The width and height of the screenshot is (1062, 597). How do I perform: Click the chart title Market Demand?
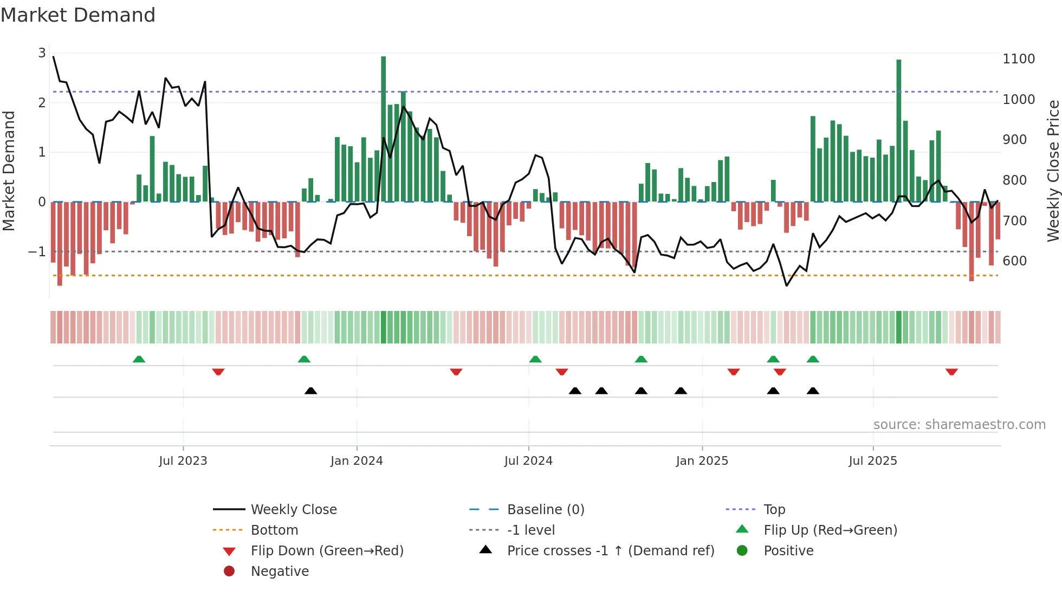click(78, 15)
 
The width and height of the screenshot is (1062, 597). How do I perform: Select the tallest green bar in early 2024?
click(384, 130)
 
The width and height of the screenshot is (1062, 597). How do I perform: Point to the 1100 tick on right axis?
click(1019, 59)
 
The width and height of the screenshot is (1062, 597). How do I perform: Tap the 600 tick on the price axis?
click(1014, 261)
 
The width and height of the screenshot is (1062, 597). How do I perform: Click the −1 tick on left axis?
click(37, 252)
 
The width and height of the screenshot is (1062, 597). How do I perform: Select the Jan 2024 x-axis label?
click(357, 461)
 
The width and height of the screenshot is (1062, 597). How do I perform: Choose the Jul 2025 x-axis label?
click(873, 461)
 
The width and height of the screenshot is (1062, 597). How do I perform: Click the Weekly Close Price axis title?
click(1053, 171)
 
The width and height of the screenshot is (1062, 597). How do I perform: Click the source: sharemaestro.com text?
click(959, 425)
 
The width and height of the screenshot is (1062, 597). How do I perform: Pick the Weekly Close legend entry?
click(293, 510)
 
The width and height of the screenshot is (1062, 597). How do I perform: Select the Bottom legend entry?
click(274, 530)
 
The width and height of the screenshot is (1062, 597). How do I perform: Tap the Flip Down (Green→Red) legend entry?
click(327, 551)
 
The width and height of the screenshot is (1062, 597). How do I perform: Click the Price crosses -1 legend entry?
click(610, 551)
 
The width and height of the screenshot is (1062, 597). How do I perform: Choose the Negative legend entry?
click(280, 572)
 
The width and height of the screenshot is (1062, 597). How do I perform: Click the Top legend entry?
click(774, 510)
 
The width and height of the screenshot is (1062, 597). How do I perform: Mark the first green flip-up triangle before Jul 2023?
click(139, 359)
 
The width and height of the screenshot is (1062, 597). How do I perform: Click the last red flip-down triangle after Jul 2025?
click(951, 372)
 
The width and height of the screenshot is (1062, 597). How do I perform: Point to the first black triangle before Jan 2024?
click(310, 391)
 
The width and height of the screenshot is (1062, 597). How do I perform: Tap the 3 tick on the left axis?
click(42, 53)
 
